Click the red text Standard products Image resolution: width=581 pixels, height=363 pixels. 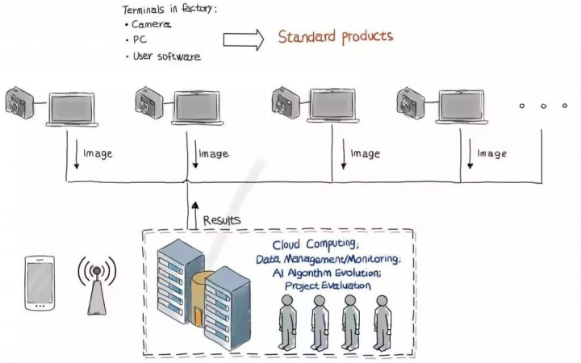coord(336,36)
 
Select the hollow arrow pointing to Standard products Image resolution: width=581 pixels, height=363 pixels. coord(244,40)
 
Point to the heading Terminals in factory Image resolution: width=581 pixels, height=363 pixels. coord(169,9)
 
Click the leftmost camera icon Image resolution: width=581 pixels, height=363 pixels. coord(20,103)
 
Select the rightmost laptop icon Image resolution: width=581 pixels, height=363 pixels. coord(462,107)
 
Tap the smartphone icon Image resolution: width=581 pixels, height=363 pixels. coord(40,283)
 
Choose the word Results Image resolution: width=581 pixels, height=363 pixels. coord(222,220)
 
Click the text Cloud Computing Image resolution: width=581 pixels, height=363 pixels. coord(316,244)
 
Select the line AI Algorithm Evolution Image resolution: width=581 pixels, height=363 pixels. coord(327,273)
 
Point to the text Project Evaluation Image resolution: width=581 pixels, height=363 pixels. coord(328,286)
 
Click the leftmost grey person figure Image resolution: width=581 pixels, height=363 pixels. coord(287,322)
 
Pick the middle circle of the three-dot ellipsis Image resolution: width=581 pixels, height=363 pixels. coord(543,106)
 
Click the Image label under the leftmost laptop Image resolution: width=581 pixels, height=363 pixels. coord(98,154)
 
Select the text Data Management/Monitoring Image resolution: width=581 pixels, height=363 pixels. coord(328,259)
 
